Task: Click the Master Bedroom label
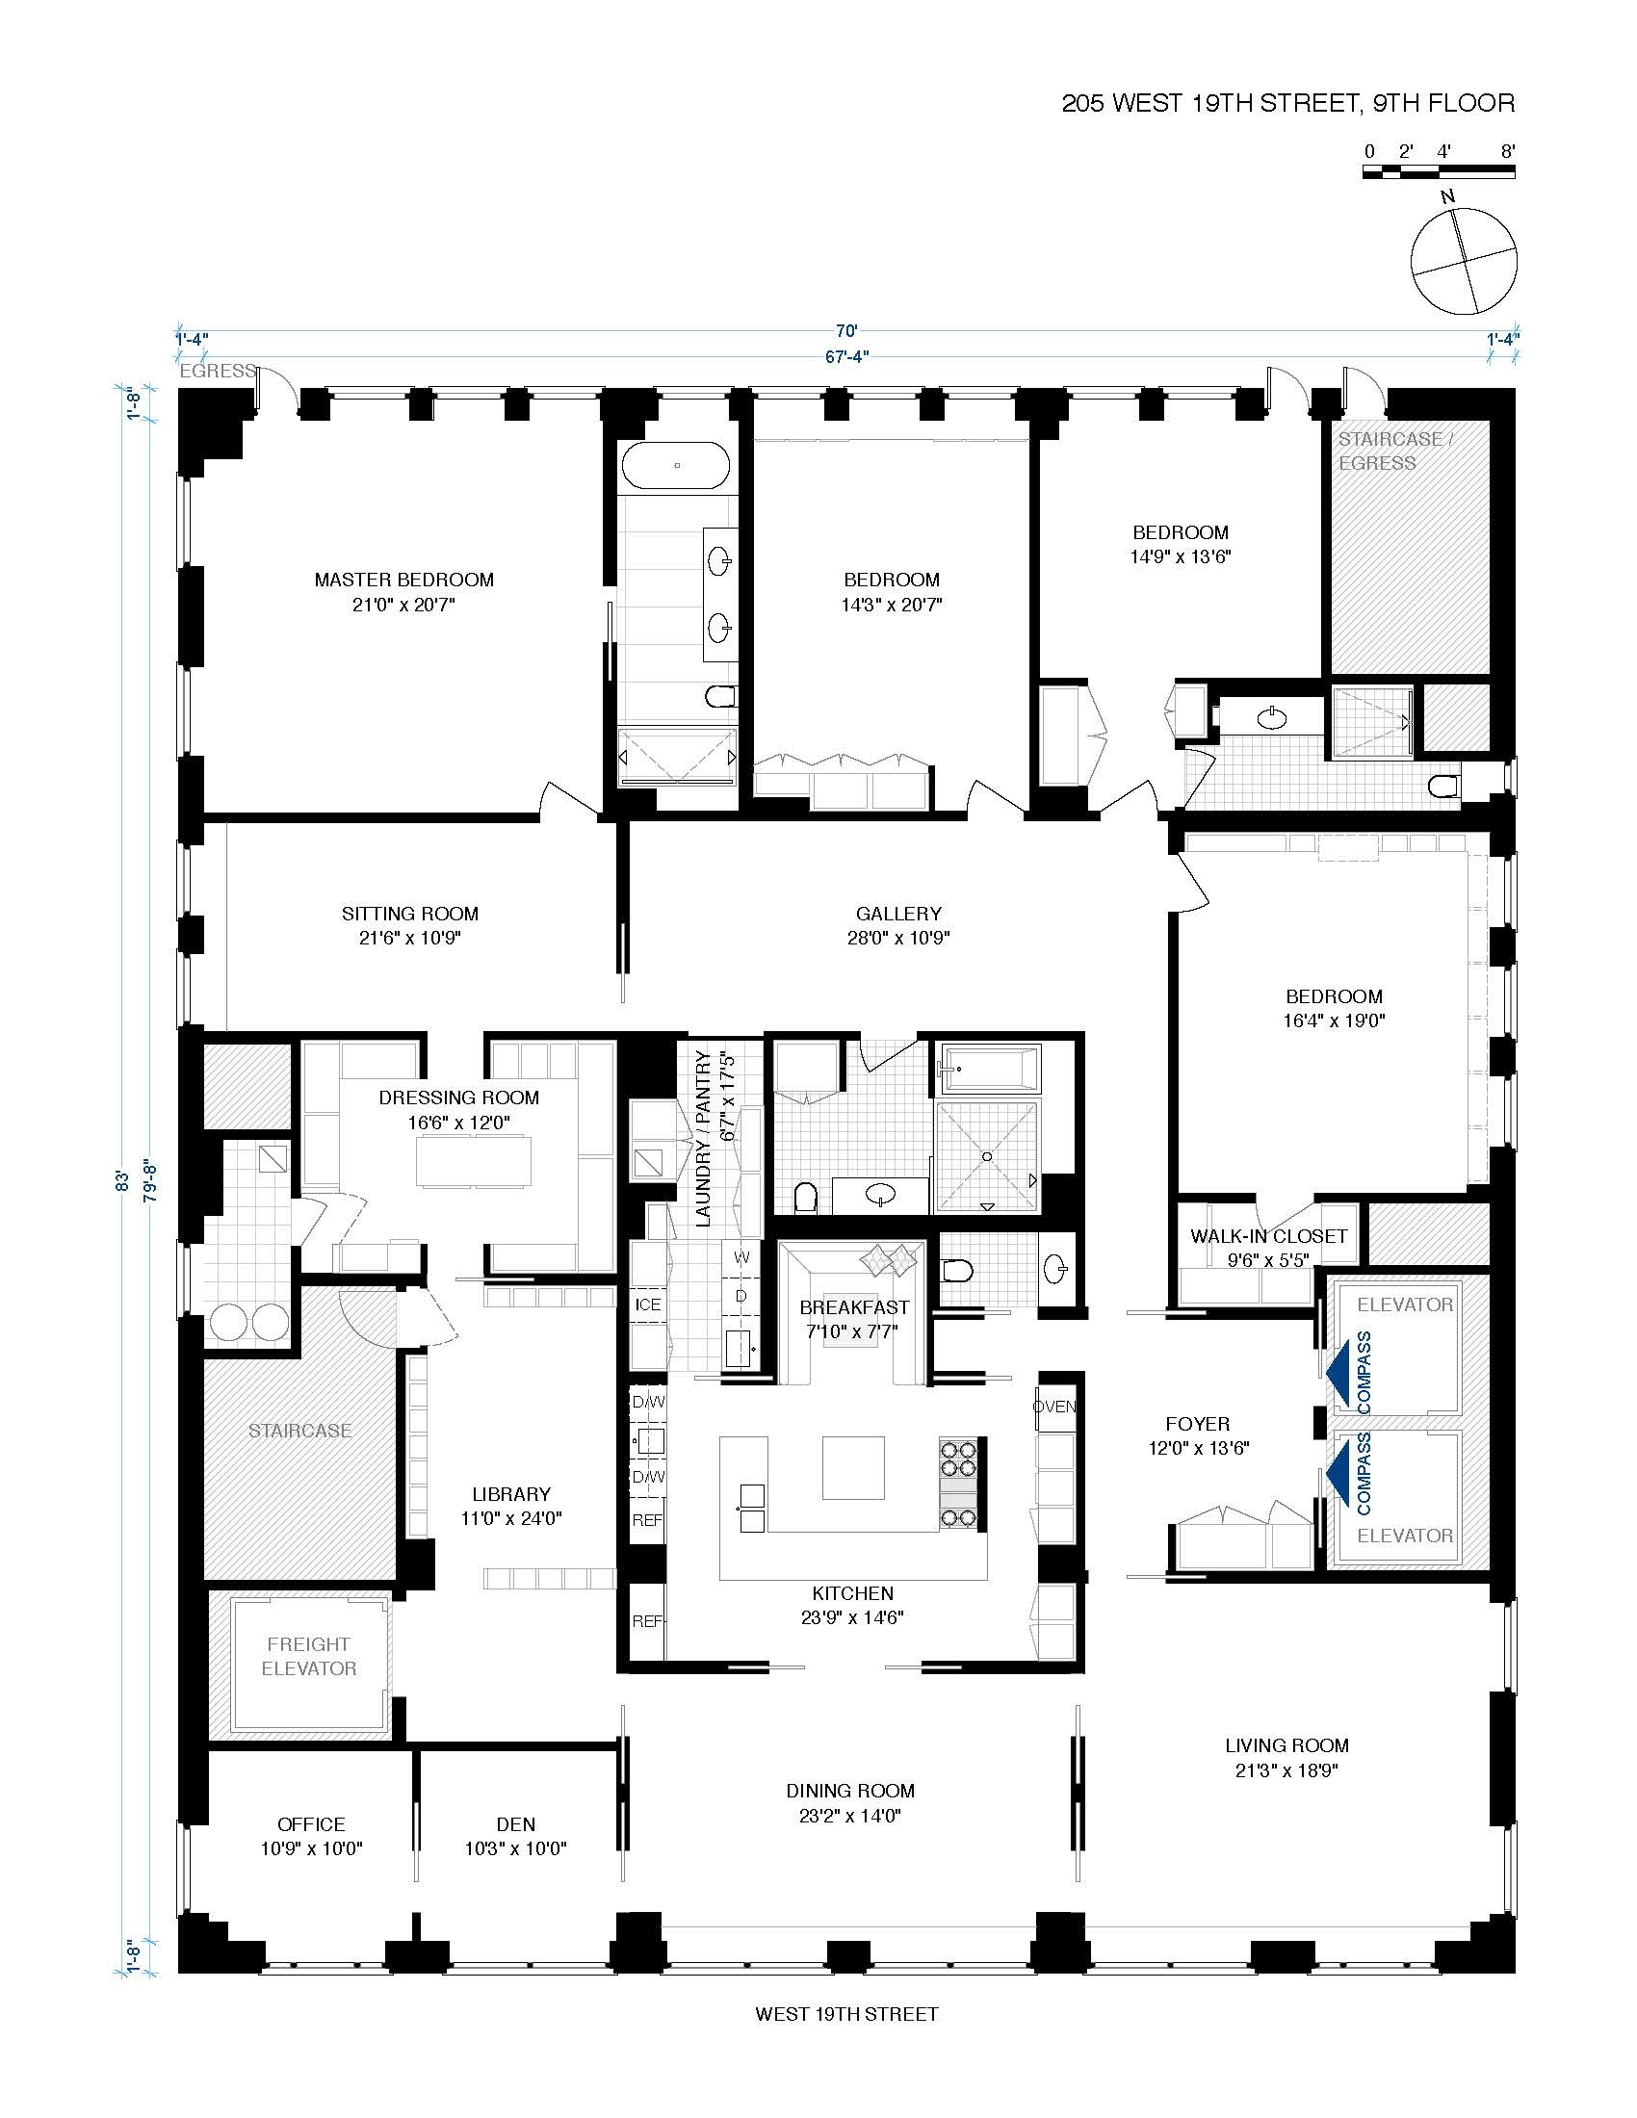[x=403, y=580]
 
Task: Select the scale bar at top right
[x=1439, y=171]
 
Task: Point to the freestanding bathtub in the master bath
[x=676, y=466]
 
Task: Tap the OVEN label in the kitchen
[x=1054, y=1407]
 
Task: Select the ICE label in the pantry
[x=648, y=1304]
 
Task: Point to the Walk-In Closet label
[x=1268, y=1236]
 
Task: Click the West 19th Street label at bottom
[x=846, y=2014]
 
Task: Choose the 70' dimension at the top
[x=846, y=329]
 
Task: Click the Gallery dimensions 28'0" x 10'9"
[x=898, y=938]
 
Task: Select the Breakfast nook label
[x=854, y=1307]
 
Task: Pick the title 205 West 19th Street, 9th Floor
[x=1286, y=103]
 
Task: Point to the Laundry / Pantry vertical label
[x=714, y=1140]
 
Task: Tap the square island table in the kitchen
[x=853, y=1467]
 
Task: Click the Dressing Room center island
[x=474, y=1160]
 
